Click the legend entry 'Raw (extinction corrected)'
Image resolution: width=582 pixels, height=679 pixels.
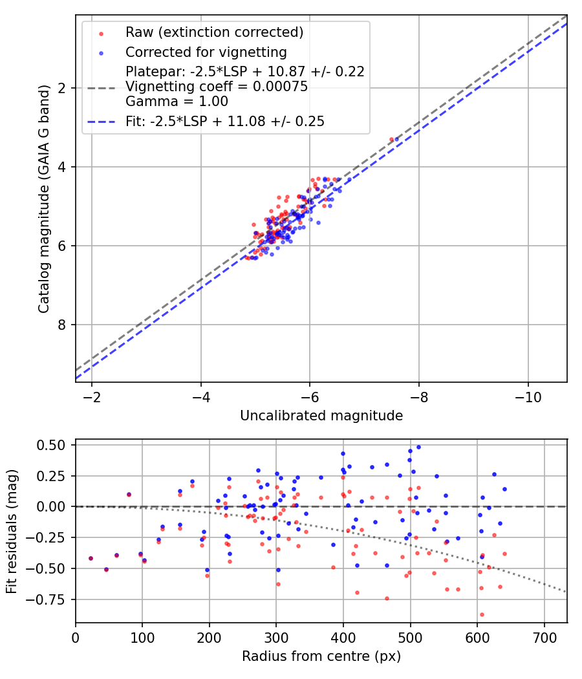pos(214,32)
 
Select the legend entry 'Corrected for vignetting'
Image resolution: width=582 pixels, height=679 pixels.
pos(206,52)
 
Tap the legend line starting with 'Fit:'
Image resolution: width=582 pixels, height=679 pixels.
pos(224,121)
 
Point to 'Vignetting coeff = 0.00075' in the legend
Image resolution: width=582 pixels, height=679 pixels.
pos(217,87)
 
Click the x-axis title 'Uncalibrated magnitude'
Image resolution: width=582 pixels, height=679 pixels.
pos(321,416)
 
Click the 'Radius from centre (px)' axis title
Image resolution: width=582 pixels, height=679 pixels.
pos(321,656)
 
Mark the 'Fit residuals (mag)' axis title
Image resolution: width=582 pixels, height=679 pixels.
pos(12,532)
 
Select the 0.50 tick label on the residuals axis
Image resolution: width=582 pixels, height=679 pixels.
pos(52,445)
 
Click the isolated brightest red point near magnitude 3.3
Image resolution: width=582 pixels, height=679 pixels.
pos(391,139)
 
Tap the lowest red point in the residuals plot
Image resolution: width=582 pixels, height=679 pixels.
pos(482,614)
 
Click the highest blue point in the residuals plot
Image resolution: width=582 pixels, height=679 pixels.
pos(418,447)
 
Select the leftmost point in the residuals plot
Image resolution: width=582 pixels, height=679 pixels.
pos(91,558)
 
